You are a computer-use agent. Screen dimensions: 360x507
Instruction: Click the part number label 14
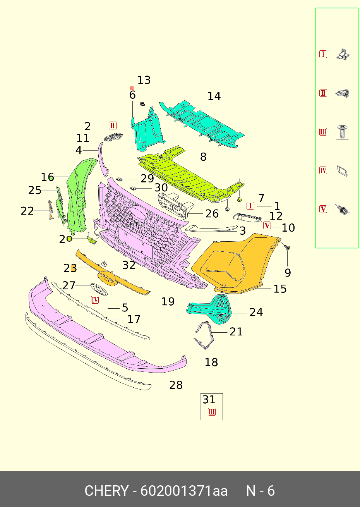[214, 96]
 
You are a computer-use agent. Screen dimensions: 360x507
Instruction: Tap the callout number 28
[176, 385]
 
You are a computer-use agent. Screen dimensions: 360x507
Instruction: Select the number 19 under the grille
[168, 301]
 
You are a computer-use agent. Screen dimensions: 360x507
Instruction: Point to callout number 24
[256, 312]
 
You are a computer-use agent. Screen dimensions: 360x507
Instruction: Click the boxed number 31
[209, 399]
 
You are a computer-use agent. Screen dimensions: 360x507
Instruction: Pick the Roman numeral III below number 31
[212, 412]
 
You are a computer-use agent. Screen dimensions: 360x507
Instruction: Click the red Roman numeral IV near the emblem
[95, 300]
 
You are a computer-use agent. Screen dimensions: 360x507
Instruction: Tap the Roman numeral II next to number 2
[113, 125]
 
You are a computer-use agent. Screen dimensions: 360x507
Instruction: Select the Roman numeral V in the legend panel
[323, 209]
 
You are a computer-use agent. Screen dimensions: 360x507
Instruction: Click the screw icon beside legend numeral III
[342, 132]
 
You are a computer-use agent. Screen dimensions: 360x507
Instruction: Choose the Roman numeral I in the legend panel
[323, 54]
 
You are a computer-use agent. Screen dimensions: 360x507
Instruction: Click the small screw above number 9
[287, 246]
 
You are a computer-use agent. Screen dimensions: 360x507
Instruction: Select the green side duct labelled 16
[79, 194]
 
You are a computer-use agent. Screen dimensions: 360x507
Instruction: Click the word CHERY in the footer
[106, 491]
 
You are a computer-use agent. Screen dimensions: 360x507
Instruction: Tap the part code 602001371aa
[184, 491]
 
